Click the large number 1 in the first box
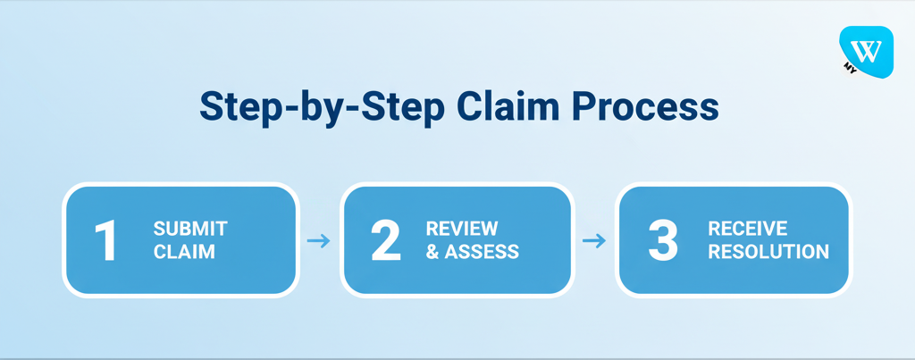[106, 241]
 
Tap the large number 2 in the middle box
[386, 241]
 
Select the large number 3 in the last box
[662, 241]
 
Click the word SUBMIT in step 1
[190, 229]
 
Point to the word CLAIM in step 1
[184, 252]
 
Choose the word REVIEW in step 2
[462, 229]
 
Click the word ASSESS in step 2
[483, 252]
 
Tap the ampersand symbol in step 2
[432, 252]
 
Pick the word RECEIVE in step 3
[747, 229]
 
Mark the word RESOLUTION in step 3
[768, 252]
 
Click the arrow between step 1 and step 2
[318, 240]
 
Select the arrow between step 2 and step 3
[593, 240]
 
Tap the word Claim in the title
[508, 105]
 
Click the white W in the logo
[869, 48]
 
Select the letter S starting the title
[210, 105]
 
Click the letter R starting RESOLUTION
[714, 252]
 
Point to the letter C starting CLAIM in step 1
[160, 252]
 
